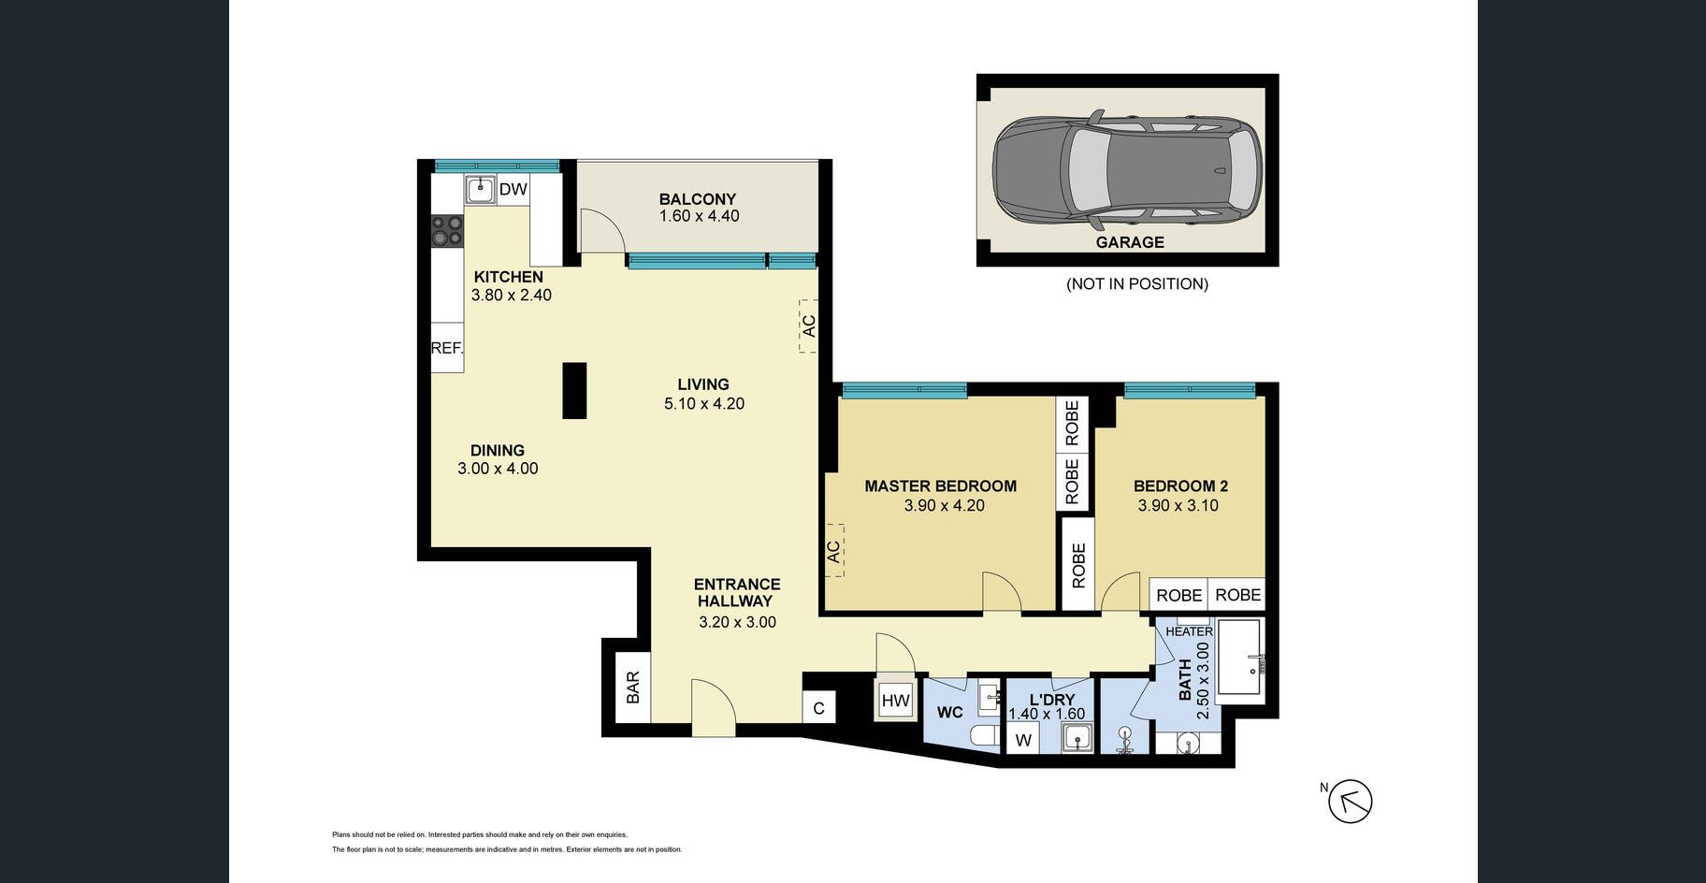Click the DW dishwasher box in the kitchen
(513, 189)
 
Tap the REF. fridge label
(447, 348)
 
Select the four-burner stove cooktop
(447, 231)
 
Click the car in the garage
(1127, 171)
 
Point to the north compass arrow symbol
(1351, 802)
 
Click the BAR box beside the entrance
(633, 688)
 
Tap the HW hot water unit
(895, 700)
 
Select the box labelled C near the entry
(818, 708)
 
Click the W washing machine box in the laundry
(1023, 740)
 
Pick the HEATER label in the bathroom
(1189, 631)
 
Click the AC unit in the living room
(808, 326)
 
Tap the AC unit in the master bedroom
(833, 550)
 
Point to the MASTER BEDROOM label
(940, 485)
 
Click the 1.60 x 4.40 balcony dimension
(699, 216)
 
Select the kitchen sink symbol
(481, 190)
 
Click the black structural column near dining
(574, 390)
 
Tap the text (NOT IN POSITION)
(1137, 283)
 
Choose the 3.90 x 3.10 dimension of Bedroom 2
(1178, 505)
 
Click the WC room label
(949, 713)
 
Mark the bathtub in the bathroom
(1239, 660)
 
